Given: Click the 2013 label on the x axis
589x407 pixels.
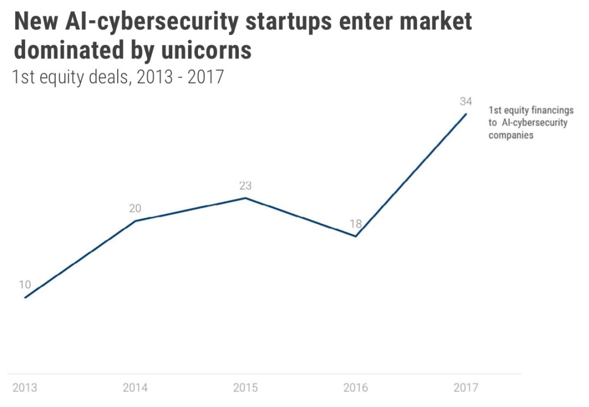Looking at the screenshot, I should click(x=25, y=388).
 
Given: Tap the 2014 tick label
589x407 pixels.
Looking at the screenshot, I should click(x=135, y=388).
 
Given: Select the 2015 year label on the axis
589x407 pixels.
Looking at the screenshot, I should click(x=245, y=388).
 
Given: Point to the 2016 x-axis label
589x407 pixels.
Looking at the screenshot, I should click(x=356, y=388).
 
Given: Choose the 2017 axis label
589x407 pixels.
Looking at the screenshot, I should click(x=466, y=388).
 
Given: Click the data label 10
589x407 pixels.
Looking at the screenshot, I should click(x=25, y=284).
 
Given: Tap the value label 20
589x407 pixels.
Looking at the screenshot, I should click(x=135, y=208).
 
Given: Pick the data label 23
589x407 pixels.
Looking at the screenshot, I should click(x=245, y=185).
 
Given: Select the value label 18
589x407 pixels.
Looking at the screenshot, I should click(x=356, y=224).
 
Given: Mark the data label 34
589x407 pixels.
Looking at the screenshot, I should click(x=465, y=101).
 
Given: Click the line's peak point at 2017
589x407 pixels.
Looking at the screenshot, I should click(x=466, y=113).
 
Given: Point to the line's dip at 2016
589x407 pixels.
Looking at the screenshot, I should click(x=356, y=236).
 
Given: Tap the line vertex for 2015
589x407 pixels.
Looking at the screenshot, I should click(x=245, y=197).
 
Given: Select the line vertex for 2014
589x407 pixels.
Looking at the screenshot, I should click(x=135, y=221).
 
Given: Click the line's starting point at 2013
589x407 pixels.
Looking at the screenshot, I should click(x=25, y=297).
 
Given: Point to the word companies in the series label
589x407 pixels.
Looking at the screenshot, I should click(x=511, y=135).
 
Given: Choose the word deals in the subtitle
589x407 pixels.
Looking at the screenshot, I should click(x=106, y=77).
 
